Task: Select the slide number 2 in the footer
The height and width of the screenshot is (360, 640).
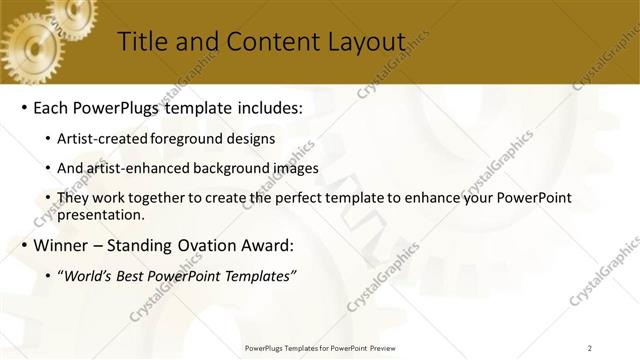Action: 590,347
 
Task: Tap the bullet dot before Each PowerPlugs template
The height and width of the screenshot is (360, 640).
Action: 23,106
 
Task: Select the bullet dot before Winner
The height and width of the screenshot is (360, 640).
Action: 23,244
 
